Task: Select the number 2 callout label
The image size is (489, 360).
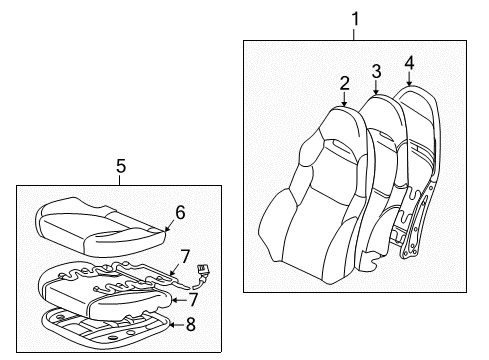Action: [x=344, y=82]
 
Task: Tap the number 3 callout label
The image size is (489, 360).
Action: [x=376, y=71]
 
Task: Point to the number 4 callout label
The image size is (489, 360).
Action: [x=408, y=65]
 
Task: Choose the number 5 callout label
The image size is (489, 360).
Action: [x=120, y=165]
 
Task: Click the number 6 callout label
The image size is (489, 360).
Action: [x=180, y=212]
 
